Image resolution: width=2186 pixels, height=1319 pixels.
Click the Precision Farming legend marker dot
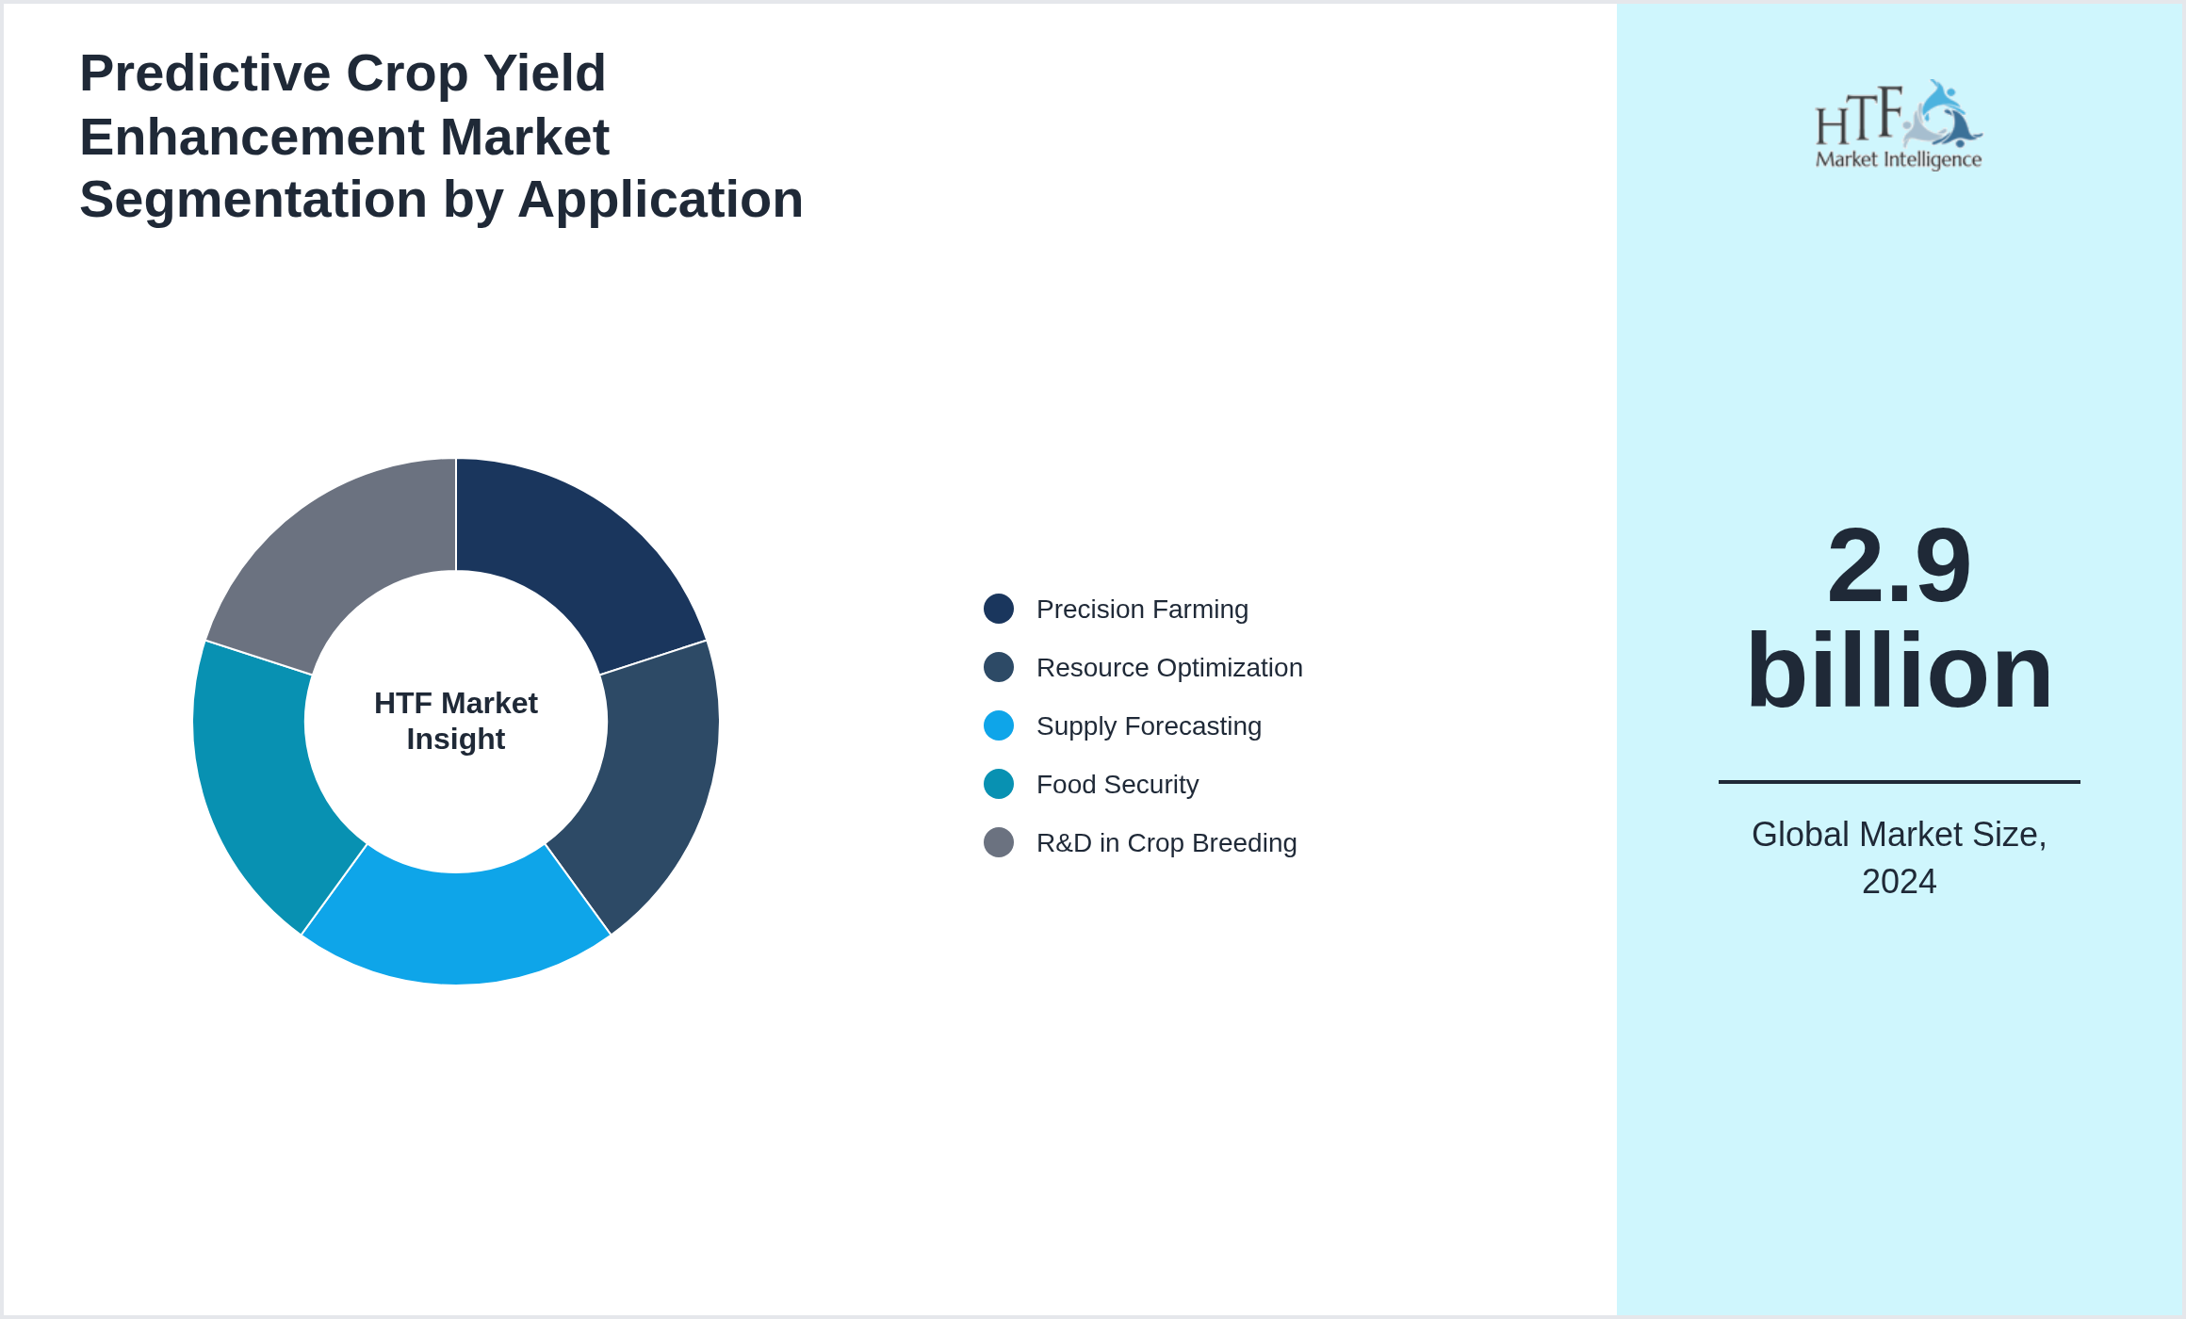pos(999,609)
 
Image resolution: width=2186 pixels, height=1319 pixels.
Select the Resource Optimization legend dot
pos(999,667)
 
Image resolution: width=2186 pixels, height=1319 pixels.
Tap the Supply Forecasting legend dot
pos(999,725)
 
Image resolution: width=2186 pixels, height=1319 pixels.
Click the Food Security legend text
pos(1117,784)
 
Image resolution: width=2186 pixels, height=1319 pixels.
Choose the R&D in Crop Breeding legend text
pos(1166,842)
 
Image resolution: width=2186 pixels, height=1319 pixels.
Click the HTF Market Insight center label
pos(456,721)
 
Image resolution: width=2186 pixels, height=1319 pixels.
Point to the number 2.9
pos(1899,565)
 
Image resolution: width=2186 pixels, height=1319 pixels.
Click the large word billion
pos(1899,671)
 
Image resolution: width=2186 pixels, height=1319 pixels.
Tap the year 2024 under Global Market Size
pos(1899,882)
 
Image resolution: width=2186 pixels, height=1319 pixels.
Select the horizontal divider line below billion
pos(1899,781)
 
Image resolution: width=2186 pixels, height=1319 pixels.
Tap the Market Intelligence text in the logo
pos(1899,159)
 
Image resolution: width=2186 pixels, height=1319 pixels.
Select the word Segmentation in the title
pos(253,200)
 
